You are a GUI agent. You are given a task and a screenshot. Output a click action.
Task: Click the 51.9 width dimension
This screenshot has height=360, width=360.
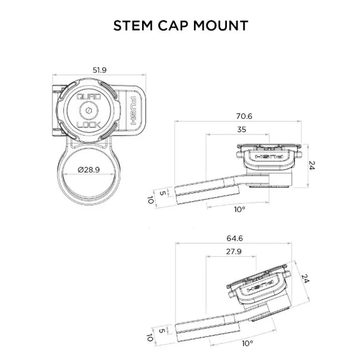pos(100,70)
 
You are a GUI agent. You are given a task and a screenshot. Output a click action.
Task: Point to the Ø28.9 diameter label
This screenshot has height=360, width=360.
pos(88,170)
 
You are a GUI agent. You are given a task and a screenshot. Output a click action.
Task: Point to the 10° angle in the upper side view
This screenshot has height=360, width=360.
pos(239,209)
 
